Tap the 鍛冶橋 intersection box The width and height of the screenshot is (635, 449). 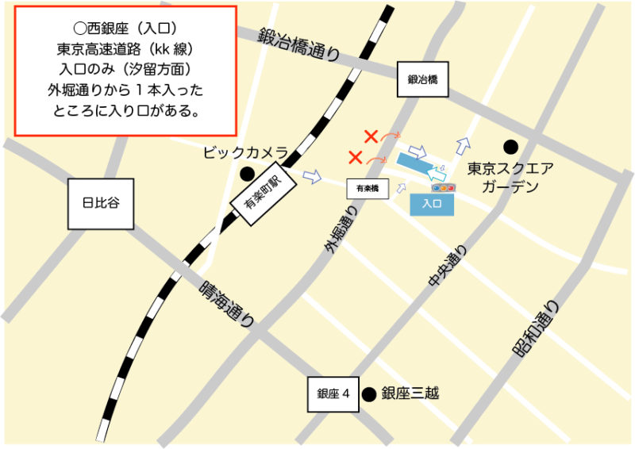tap(423, 79)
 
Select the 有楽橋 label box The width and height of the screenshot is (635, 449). tap(367, 189)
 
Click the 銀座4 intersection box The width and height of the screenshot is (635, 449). tap(333, 394)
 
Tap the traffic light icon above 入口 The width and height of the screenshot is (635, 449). tap(443, 188)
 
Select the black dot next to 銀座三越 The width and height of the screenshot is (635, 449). tap(368, 393)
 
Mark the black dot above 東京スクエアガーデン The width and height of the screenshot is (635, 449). tap(510, 147)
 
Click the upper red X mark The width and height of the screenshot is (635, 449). tap(370, 136)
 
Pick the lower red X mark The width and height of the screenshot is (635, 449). tap(356, 157)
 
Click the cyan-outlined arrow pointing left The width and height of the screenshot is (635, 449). tap(437, 171)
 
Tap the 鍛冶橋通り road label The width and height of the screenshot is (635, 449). tap(298, 44)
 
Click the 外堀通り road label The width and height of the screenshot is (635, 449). tap(337, 225)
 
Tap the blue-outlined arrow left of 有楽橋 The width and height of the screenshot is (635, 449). tap(313, 176)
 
